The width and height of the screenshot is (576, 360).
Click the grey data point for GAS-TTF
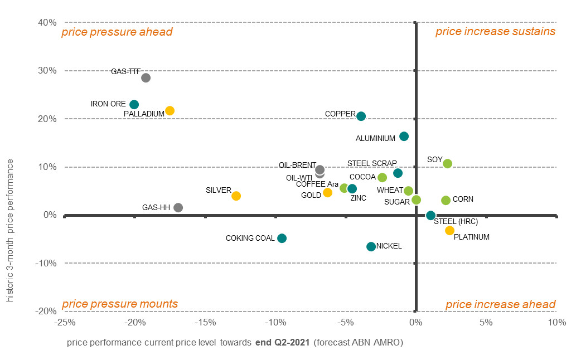[x=146, y=77]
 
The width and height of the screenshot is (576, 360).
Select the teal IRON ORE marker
[x=134, y=104]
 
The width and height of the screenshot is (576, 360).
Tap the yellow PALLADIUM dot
[x=170, y=110]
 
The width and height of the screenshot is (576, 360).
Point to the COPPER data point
[x=361, y=116]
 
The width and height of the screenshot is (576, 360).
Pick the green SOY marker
[x=447, y=163]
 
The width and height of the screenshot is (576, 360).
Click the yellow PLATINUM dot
[x=450, y=230]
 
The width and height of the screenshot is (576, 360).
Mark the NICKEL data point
[x=371, y=246]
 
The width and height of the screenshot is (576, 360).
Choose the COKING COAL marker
[x=282, y=238]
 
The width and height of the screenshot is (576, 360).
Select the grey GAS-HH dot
[x=178, y=207]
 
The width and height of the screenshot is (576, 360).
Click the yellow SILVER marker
[x=236, y=196]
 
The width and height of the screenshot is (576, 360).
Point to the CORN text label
[x=463, y=199]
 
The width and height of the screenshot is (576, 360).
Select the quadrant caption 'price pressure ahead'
[x=117, y=32]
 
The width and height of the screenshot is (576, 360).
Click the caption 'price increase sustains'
[x=495, y=31]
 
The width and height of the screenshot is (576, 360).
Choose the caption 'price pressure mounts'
[x=120, y=304]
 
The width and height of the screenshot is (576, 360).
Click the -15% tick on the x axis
[x=205, y=322]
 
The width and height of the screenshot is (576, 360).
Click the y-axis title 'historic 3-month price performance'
[x=11, y=230]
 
